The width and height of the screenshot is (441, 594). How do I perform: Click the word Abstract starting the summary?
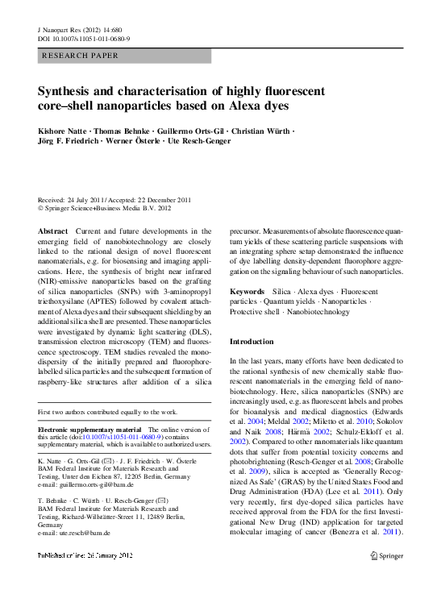tap(53, 231)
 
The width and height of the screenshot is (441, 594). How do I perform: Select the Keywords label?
tap(247, 290)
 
